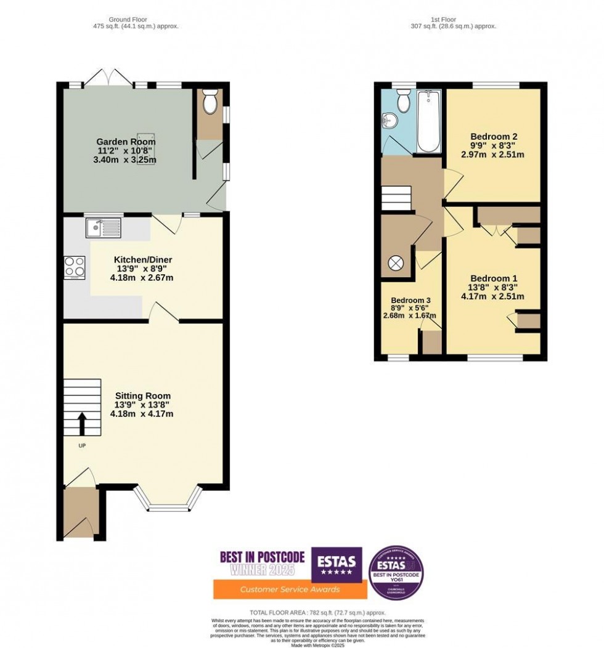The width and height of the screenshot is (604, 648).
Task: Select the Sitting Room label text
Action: click(x=142, y=395)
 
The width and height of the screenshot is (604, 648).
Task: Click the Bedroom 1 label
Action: click(x=493, y=278)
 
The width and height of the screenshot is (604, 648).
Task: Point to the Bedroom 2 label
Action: click(x=493, y=136)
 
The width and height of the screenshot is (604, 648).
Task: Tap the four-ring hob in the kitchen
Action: click(x=75, y=267)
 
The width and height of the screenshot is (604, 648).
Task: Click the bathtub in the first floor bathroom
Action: click(x=428, y=121)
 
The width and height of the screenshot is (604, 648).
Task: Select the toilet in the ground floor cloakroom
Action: click(x=210, y=103)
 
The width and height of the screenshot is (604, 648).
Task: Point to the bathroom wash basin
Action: click(x=388, y=118)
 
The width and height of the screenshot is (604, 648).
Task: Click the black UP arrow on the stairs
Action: click(x=81, y=423)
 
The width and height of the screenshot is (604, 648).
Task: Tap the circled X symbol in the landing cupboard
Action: click(x=394, y=263)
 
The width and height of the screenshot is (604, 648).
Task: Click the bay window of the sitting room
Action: click(x=168, y=499)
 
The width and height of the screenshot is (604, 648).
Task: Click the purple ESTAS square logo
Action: click(x=336, y=564)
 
